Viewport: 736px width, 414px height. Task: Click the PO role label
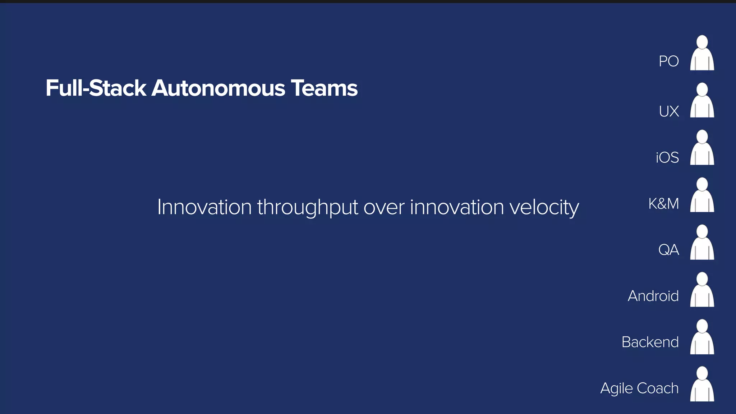click(668, 61)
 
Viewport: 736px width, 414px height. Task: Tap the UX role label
click(669, 111)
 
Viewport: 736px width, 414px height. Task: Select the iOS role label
click(667, 157)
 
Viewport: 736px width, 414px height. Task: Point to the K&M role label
click(663, 204)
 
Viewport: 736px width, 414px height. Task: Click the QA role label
click(668, 250)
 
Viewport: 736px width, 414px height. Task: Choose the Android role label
click(653, 296)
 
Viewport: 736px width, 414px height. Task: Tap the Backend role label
click(650, 342)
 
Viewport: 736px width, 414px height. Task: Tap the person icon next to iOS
click(702, 148)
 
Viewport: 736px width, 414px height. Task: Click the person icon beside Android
click(702, 290)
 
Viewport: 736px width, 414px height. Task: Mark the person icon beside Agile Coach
click(702, 385)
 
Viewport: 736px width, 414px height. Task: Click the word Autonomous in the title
click(218, 88)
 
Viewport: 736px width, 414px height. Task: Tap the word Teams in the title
click(324, 88)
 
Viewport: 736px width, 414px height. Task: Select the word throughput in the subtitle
click(308, 208)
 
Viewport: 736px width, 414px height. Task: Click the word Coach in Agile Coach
click(657, 388)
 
